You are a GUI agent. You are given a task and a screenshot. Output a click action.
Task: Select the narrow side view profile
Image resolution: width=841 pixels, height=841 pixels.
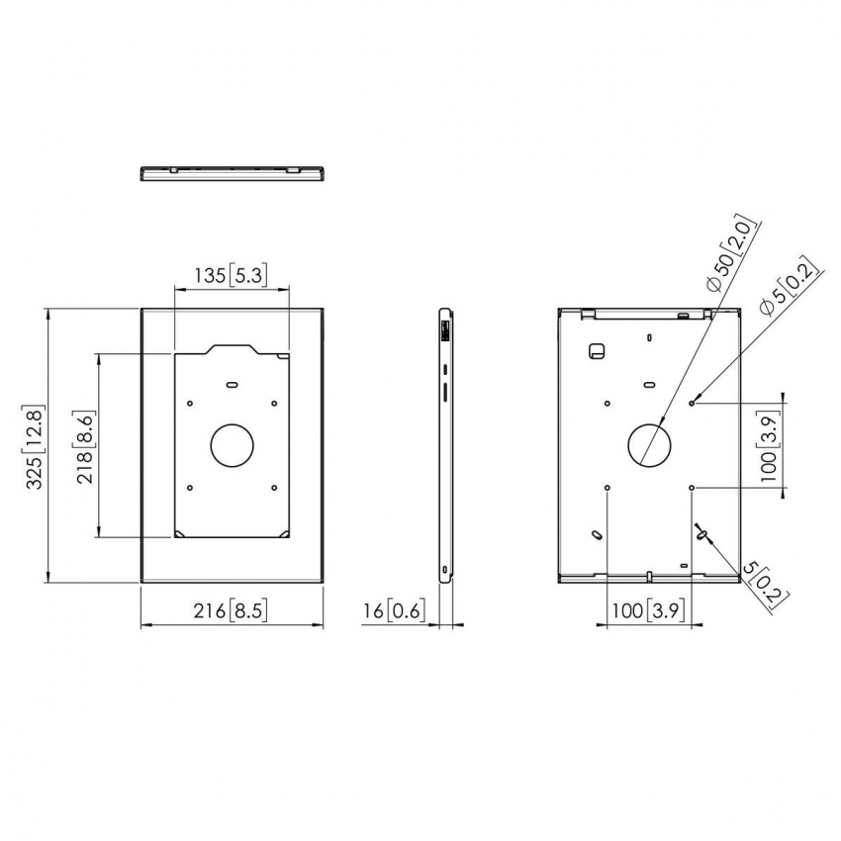point(446,445)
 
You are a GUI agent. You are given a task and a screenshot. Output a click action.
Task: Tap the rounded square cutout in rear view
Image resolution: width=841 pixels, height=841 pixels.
point(597,351)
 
